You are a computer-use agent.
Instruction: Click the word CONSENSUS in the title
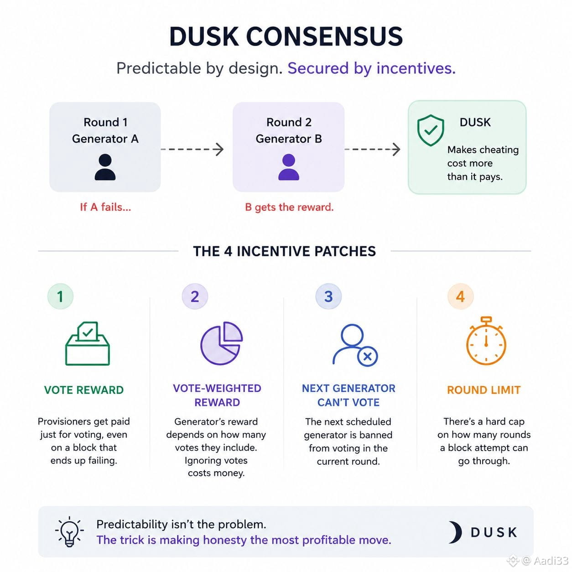324,36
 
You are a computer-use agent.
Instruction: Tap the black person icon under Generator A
105,167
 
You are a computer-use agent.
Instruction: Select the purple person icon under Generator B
289,167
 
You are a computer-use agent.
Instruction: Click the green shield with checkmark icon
431,130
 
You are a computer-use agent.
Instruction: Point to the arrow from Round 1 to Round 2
192,149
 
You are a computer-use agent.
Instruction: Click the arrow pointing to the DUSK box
372,149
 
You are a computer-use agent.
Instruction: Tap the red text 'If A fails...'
105,207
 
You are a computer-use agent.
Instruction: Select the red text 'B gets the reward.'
289,207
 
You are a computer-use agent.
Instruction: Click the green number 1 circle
61,296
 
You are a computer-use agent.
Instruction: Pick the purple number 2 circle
195,296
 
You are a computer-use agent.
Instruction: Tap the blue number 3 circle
328,296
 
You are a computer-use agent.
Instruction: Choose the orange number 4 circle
460,296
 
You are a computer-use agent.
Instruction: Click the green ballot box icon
88,343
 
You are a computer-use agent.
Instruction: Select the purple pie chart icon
221,343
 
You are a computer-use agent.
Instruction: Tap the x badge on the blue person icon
368,356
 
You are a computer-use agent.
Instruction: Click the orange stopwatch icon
486,341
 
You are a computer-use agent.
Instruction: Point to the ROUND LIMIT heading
484,390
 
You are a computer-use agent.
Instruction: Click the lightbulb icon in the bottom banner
69,531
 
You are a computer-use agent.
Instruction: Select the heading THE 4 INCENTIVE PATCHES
284,251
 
